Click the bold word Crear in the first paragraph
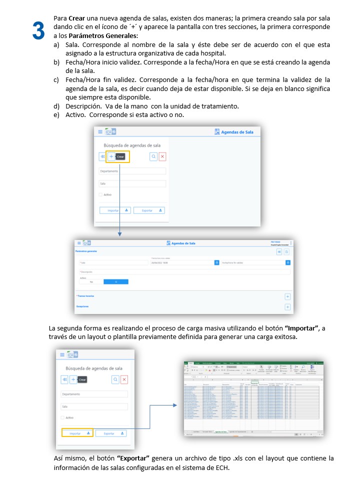click(76, 17)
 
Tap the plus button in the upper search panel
click(111, 156)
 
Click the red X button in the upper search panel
click(162, 156)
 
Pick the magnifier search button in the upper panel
click(153, 156)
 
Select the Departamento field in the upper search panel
click(132, 171)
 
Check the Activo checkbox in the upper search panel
click(100, 194)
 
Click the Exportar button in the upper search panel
click(149, 210)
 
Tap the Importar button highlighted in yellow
click(77, 433)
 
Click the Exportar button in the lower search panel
click(111, 433)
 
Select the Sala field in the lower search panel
click(94, 406)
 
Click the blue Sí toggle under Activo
click(116, 281)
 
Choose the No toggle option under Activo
click(91, 281)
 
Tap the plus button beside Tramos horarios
click(287, 296)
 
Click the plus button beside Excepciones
click(287, 307)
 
